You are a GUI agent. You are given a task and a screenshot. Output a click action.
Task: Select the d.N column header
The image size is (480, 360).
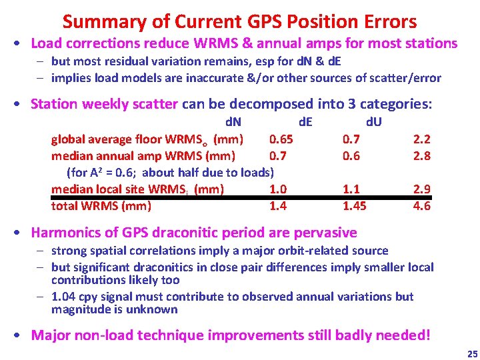[233, 123]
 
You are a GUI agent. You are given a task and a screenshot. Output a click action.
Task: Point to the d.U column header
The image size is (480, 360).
[373, 123]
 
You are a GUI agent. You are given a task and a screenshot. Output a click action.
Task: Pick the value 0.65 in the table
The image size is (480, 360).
[281, 139]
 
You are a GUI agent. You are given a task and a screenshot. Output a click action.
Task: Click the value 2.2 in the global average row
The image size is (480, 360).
[422, 139]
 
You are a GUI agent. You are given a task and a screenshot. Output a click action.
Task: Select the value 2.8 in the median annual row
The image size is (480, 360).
[422, 156]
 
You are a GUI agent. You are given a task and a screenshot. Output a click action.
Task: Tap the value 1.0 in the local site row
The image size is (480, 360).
[278, 189]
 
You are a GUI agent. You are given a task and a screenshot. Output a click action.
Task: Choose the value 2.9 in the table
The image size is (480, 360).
[422, 189]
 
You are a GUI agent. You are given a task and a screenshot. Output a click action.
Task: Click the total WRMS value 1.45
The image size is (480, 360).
[354, 206]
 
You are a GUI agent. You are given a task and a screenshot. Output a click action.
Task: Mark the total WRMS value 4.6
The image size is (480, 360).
[422, 206]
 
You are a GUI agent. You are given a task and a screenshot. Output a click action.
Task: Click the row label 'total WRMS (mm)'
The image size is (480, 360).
[101, 206]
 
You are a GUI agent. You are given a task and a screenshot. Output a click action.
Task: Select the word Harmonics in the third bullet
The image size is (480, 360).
[64, 233]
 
